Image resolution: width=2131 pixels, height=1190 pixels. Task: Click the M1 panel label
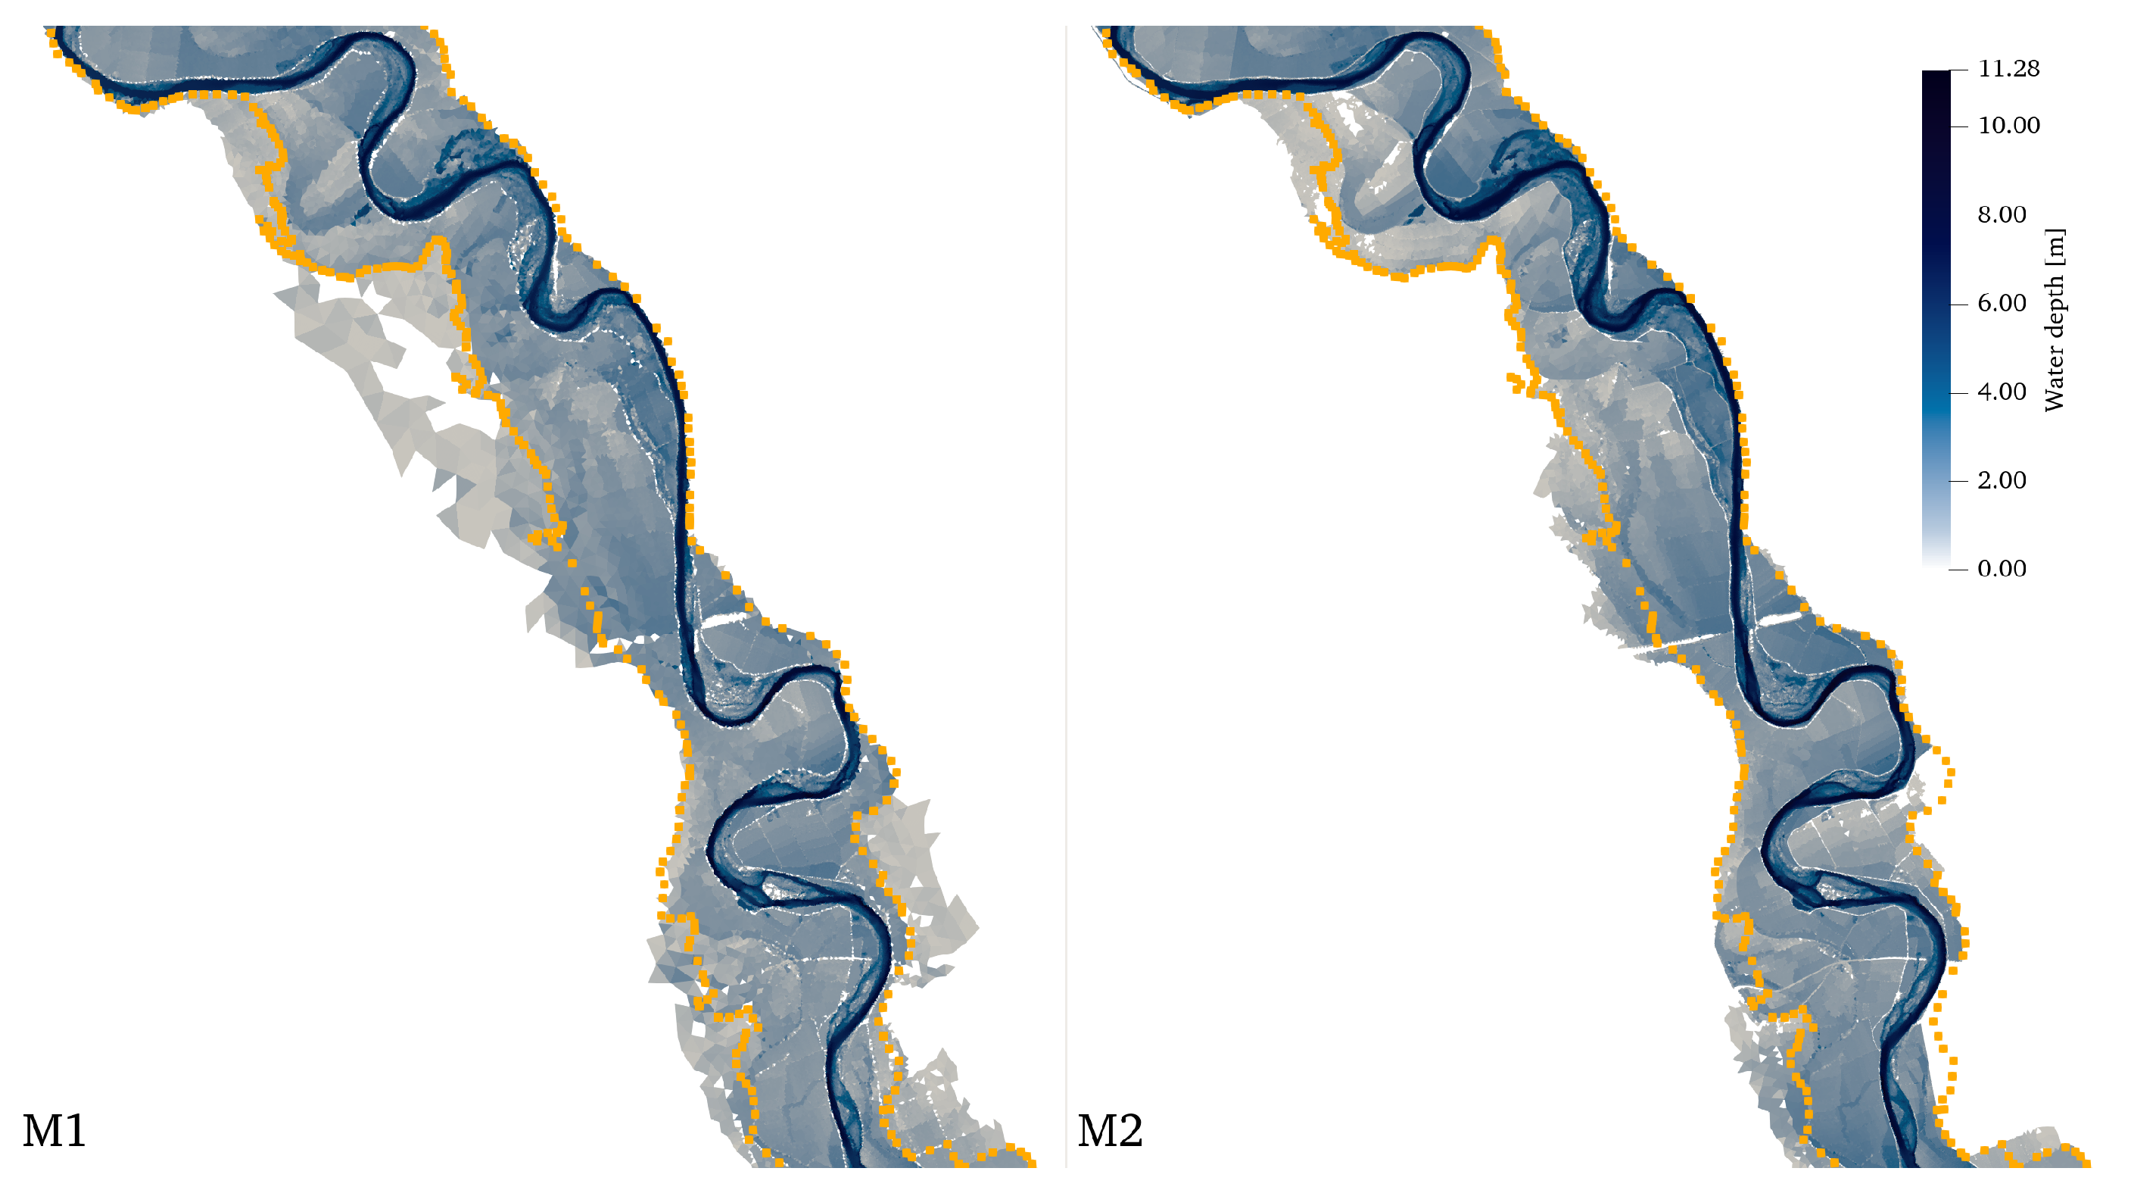[x=54, y=1131]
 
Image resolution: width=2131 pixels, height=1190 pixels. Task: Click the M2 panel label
[x=1111, y=1131]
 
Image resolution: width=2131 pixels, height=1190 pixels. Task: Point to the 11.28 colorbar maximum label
[x=2008, y=69]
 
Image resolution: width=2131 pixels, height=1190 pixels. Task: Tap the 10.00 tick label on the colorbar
[x=2008, y=126]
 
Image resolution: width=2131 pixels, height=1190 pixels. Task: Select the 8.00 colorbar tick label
[x=2002, y=215]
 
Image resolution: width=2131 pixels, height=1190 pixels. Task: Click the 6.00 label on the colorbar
[x=2002, y=304]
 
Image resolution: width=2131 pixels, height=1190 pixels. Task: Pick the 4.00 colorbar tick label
[x=2002, y=392]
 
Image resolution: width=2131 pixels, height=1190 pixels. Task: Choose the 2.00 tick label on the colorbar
[x=2002, y=481]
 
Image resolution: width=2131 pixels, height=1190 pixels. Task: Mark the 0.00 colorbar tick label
[x=2002, y=570]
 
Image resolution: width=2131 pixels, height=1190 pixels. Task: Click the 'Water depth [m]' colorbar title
[x=2055, y=320]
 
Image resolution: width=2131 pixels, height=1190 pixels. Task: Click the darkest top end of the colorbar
[x=1936, y=77]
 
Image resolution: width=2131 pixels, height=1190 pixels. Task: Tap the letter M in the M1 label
[x=42, y=1131]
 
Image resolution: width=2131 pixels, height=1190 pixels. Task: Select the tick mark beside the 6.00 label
[x=1959, y=305]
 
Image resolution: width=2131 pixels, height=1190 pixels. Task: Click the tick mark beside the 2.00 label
[x=1959, y=481]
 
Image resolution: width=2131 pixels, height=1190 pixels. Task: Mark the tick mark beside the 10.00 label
[x=1959, y=126]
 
